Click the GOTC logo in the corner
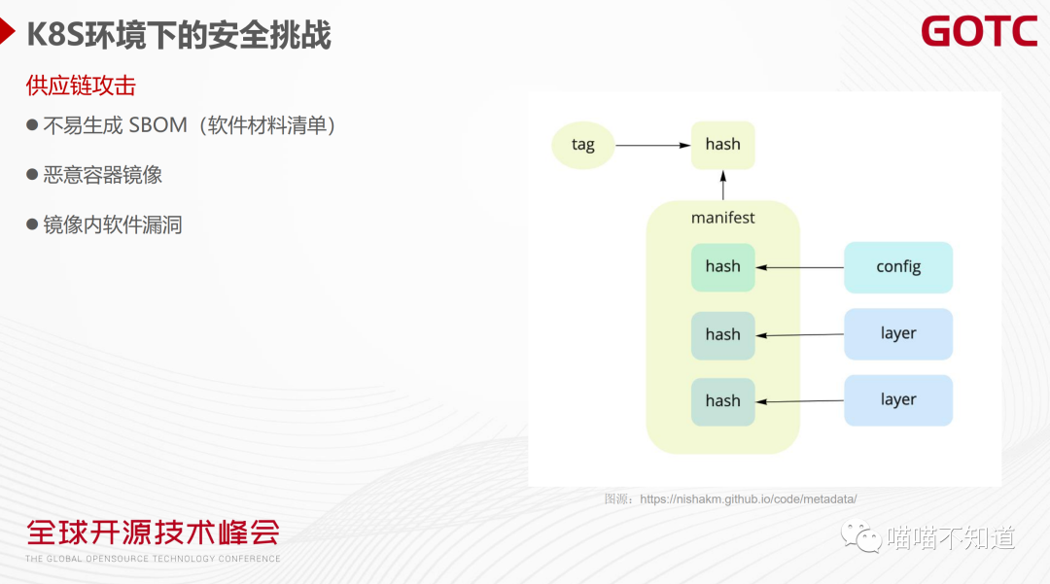(x=979, y=31)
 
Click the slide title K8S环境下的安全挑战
(x=179, y=35)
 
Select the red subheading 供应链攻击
(x=81, y=86)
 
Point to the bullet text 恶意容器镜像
(x=102, y=175)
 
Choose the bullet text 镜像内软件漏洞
(x=113, y=225)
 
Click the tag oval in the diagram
(x=582, y=145)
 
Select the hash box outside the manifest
(x=722, y=145)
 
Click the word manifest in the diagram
(x=722, y=218)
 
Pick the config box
(x=897, y=267)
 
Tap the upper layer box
(x=897, y=333)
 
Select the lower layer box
(x=897, y=399)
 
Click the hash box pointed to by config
(x=722, y=267)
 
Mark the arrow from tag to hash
(x=652, y=146)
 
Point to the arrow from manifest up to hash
(x=723, y=185)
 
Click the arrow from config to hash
(x=799, y=267)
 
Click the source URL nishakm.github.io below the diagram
(x=748, y=499)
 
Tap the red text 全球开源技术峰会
(x=153, y=532)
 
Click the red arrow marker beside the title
(x=9, y=35)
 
